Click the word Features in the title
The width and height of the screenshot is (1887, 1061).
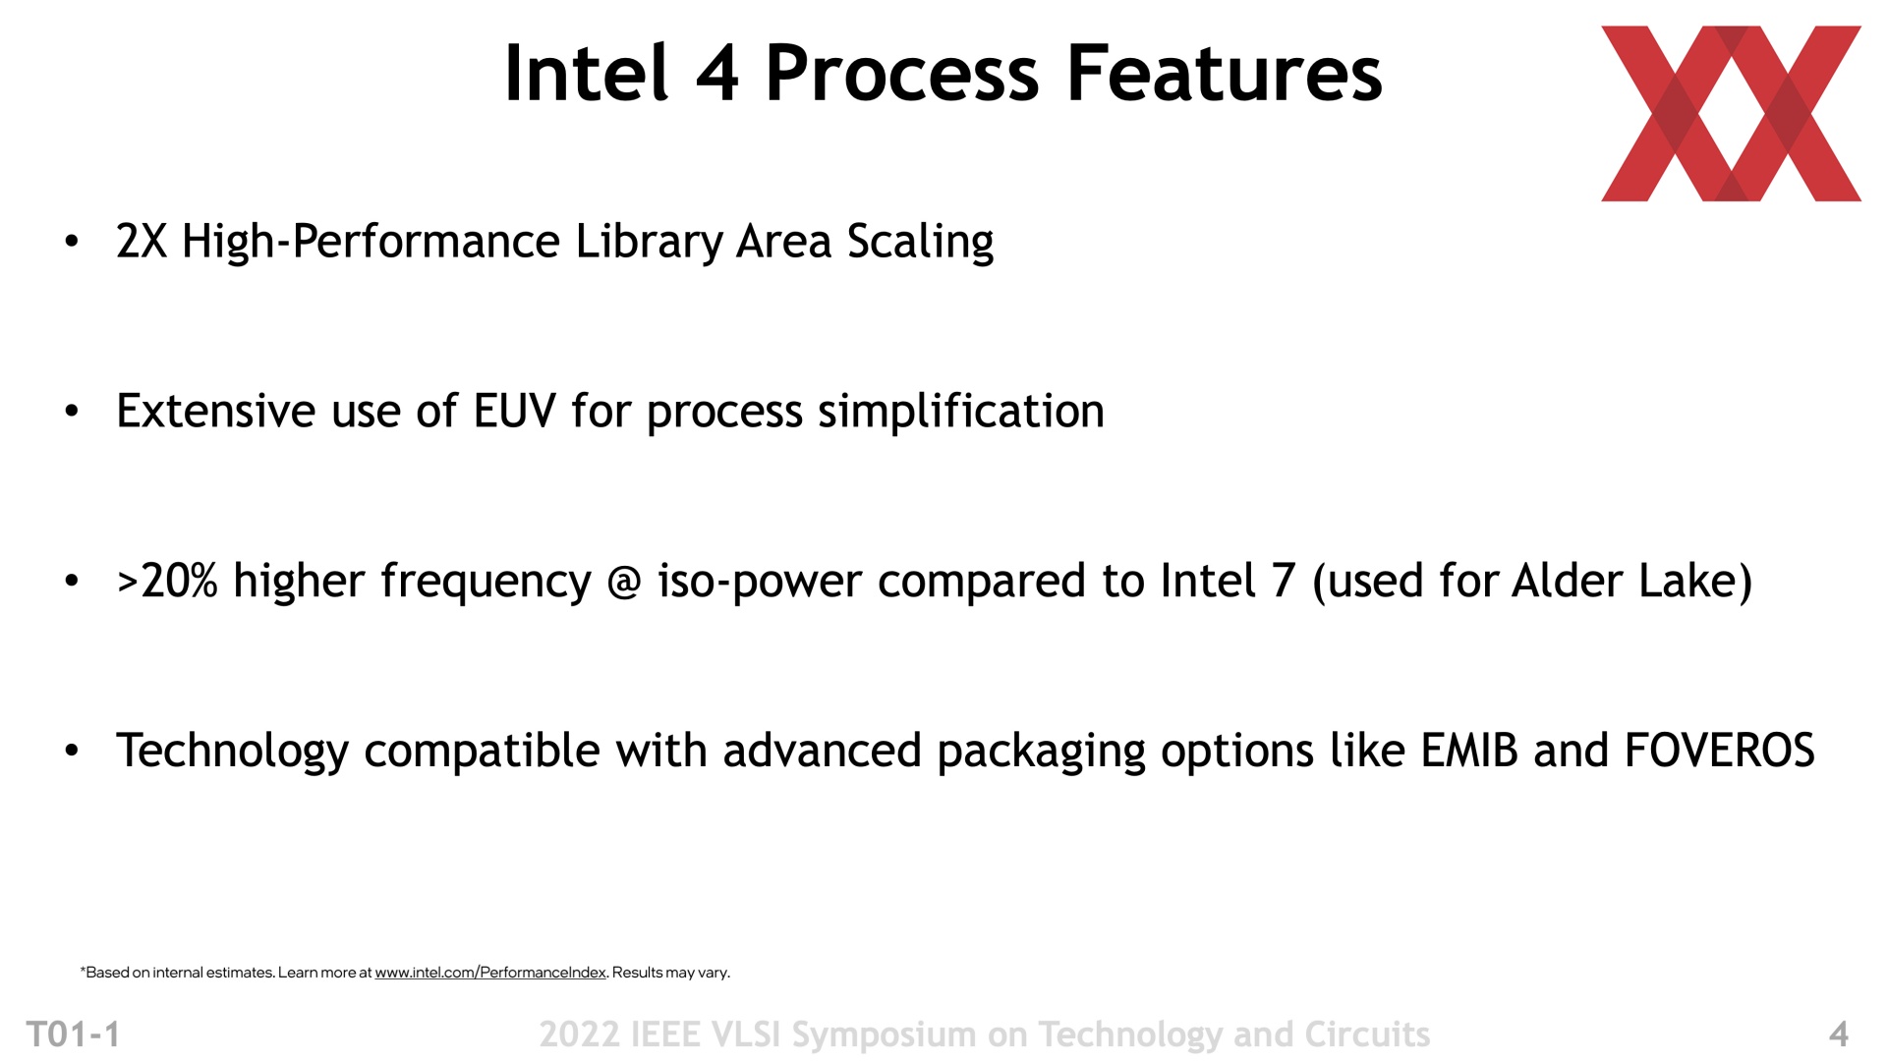click(1224, 74)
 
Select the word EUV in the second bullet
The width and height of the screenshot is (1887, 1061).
click(515, 411)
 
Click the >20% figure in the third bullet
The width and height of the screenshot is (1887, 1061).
click(166, 581)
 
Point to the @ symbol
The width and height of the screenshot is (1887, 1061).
click(625, 582)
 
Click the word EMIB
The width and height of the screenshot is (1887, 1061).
click(1469, 751)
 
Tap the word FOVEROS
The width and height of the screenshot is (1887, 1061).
click(1720, 751)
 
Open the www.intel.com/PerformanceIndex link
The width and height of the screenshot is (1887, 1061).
click(490, 973)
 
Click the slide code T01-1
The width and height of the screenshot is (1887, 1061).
click(74, 1034)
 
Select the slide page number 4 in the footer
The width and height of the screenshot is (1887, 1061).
click(1839, 1034)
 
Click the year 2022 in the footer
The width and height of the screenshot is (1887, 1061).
click(579, 1034)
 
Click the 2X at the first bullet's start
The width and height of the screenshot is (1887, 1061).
click(142, 242)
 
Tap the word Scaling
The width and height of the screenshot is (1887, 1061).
click(921, 243)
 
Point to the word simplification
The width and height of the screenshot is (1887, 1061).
click(961, 412)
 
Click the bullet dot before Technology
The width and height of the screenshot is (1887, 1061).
click(71, 751)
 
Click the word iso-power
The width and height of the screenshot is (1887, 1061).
click(761, 582)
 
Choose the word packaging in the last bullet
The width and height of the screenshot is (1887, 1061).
click(1041, 753)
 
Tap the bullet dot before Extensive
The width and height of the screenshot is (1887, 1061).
click(71, 411)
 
